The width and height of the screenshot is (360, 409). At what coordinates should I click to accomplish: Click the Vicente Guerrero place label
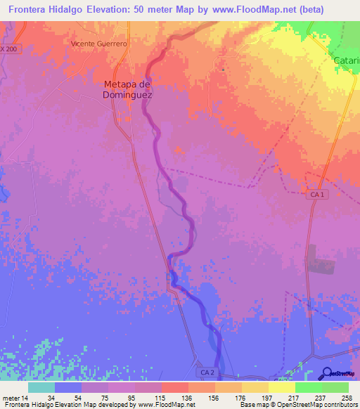pyautogui.click(x=98, y=44)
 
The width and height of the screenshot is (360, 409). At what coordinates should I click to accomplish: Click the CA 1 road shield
pyautogui.click(x=317, y=194)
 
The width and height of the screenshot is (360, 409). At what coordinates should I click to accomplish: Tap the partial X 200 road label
pyautogui.click(x=11, y=48)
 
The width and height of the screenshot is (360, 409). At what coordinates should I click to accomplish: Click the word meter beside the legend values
pyautogui.click(x=10, y=398)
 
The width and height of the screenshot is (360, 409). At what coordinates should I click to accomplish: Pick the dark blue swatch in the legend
pyautogui.click(x=67, y=387)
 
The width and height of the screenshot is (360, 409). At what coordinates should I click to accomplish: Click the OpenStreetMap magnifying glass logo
pyautogui.click(x=326, y=373)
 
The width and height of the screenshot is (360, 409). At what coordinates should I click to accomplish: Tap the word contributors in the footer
pyautogui.click(x=340, y=405)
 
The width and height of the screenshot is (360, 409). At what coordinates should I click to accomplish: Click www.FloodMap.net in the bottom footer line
pyautogui.click(x=166, y=405)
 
